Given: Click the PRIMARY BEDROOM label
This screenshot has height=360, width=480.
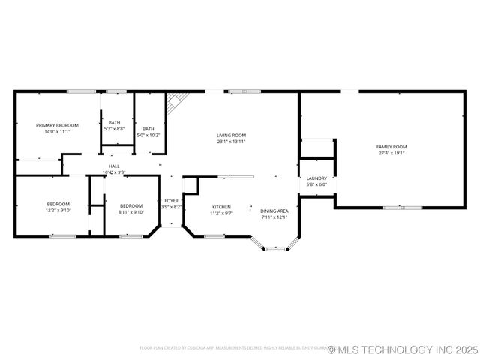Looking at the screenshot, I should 57,125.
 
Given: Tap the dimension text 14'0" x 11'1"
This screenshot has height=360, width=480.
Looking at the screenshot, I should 57,132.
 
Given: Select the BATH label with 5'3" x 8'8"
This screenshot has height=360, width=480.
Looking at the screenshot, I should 114,123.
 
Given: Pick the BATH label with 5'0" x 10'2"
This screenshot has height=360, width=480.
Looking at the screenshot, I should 148,129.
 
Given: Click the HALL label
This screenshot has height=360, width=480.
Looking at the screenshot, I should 114,166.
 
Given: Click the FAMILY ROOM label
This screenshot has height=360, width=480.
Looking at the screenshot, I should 391,146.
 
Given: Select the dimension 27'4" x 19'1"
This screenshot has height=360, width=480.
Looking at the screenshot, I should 391,153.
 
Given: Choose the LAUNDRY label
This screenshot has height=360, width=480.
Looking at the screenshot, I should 316,178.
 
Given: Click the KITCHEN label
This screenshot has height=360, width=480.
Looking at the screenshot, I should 221,207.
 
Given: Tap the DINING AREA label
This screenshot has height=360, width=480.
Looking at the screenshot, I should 274,211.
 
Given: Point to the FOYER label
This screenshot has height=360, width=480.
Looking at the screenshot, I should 172,201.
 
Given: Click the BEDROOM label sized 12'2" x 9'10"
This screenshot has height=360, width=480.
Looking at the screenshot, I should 58,204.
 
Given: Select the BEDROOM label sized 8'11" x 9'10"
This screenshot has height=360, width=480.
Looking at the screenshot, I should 131,205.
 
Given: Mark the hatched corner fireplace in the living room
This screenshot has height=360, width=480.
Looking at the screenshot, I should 177,102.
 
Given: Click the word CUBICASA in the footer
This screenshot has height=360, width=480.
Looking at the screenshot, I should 192,348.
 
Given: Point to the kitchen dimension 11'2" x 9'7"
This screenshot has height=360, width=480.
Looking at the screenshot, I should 221,214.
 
